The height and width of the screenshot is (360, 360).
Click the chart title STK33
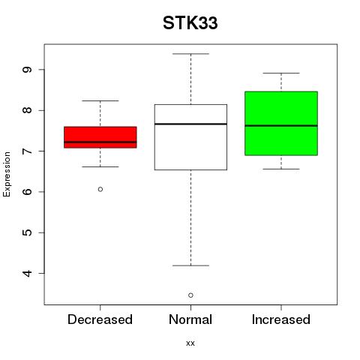[x=190, y=23]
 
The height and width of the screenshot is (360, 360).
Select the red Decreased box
[x=100, y=137]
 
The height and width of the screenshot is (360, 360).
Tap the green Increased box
[x=281, y=124]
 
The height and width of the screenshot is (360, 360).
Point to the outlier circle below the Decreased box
[x=100, y=189]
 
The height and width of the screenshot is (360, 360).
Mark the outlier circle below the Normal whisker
[x=190, y=295]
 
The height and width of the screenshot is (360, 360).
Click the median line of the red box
[x=100, y=142]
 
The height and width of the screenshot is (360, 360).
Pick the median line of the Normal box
[x=190, y=124]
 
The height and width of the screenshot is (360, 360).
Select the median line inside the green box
[x=281, y=126]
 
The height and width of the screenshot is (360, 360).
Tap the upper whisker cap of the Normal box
[x=190, y=54]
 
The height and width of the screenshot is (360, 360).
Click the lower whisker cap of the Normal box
[x=190, y=265]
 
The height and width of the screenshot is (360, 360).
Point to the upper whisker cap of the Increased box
[x=281, y=73]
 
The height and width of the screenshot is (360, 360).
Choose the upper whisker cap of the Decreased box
[x=100, y=100]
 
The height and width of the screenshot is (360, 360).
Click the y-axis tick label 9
[x=27, y=70]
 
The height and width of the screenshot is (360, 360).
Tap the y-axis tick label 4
[x=27, y=273]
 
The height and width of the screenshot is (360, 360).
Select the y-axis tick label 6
[x=27, y=192]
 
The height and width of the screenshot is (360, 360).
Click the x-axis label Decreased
[x=100, y=319]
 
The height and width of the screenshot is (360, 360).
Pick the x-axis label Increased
[x=281, y=319]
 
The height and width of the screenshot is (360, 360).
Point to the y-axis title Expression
[x=7, y=174]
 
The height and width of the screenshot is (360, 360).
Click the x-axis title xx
[x=190, y=343]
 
